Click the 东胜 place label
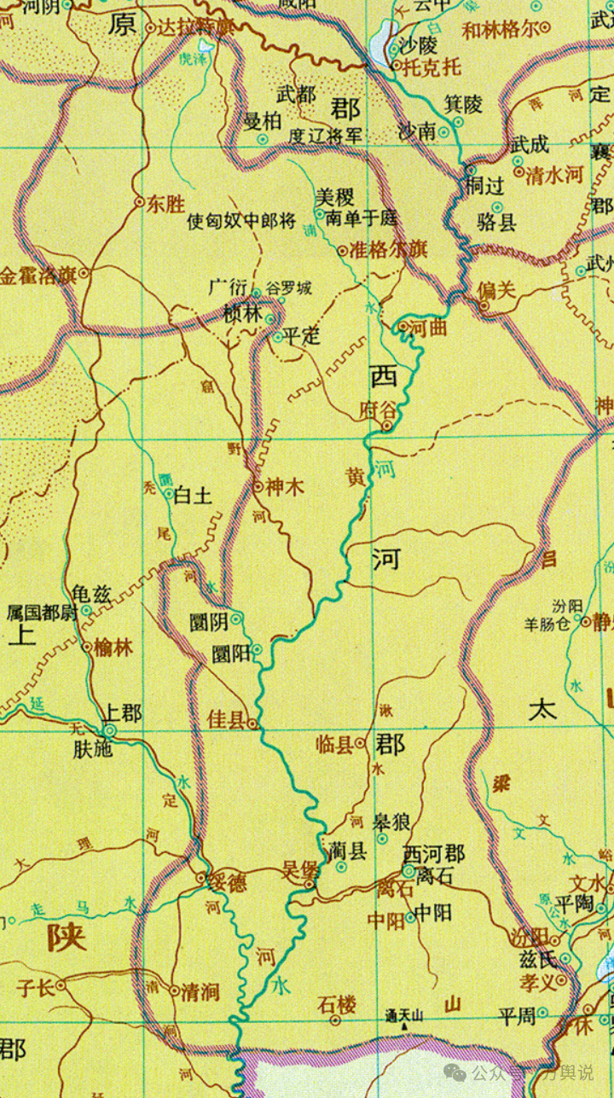[x=165, y=204]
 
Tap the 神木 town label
[x=285, y=486]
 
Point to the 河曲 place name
[x=428, y=327]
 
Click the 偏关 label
[x=497, y=290]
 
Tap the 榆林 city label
[x=113, y=647]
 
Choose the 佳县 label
[x=226, y=721]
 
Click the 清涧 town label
[x=200, y=991]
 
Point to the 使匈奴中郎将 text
[x=241, y=224]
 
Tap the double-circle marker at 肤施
[x=109, y=731]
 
